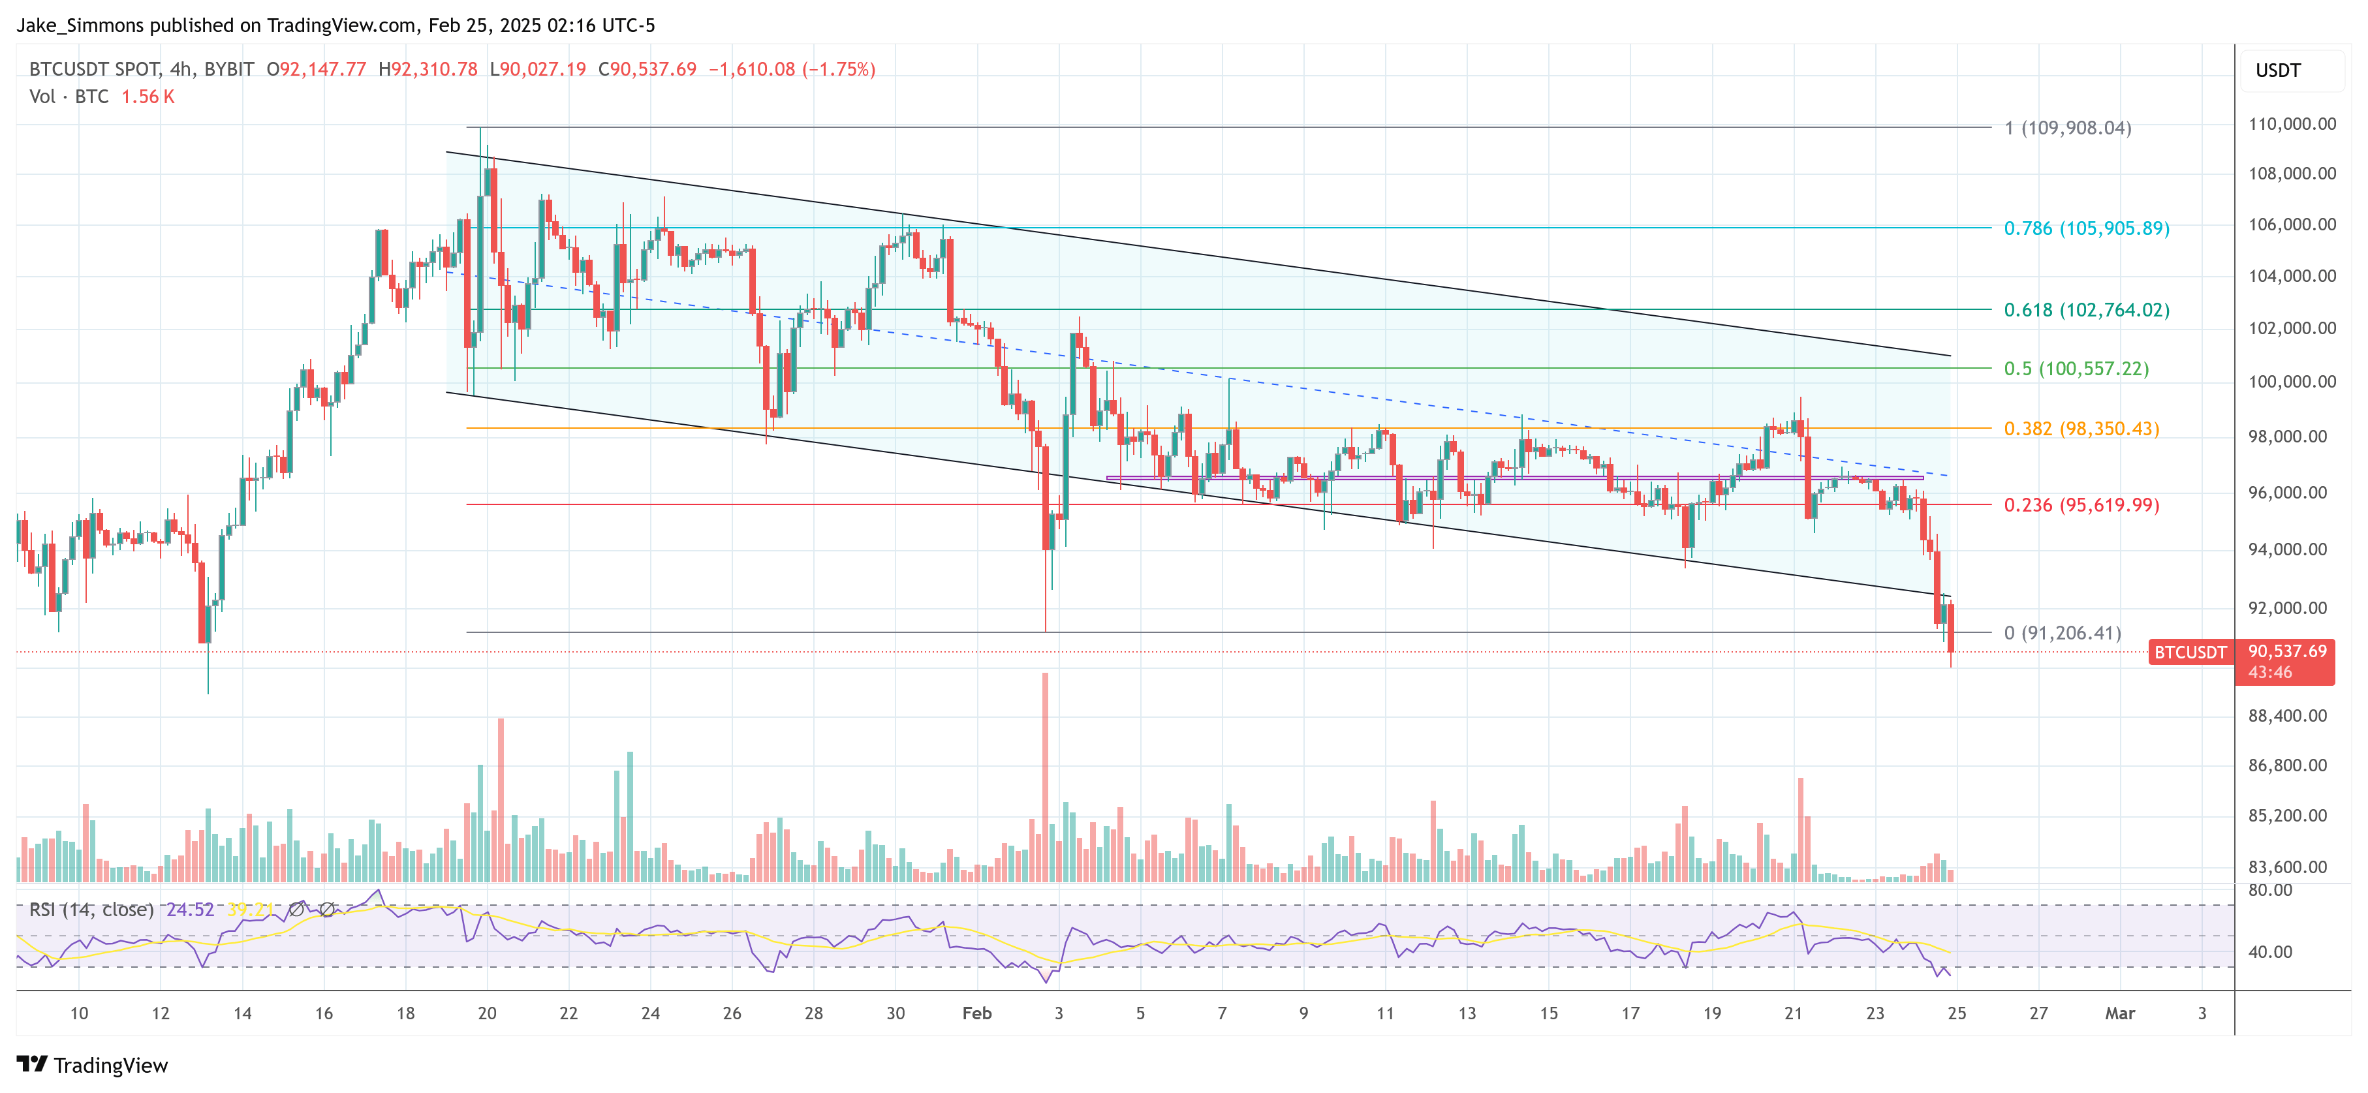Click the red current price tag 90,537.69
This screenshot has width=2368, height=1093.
tap(2286, 651)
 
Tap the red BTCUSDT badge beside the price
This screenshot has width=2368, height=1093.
tap(2190, 653)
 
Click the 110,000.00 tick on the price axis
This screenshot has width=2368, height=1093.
tap(2291, 124)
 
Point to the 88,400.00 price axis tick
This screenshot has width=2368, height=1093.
tap(2287, 715)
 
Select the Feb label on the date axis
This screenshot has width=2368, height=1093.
tap(976, 1013)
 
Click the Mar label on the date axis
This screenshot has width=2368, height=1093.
tap(2120, 1013)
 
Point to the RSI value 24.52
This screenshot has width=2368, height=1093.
tap(189, 910)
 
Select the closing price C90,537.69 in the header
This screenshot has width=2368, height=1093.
tap(647, 69)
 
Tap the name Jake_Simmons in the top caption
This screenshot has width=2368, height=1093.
tap(80, 25)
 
